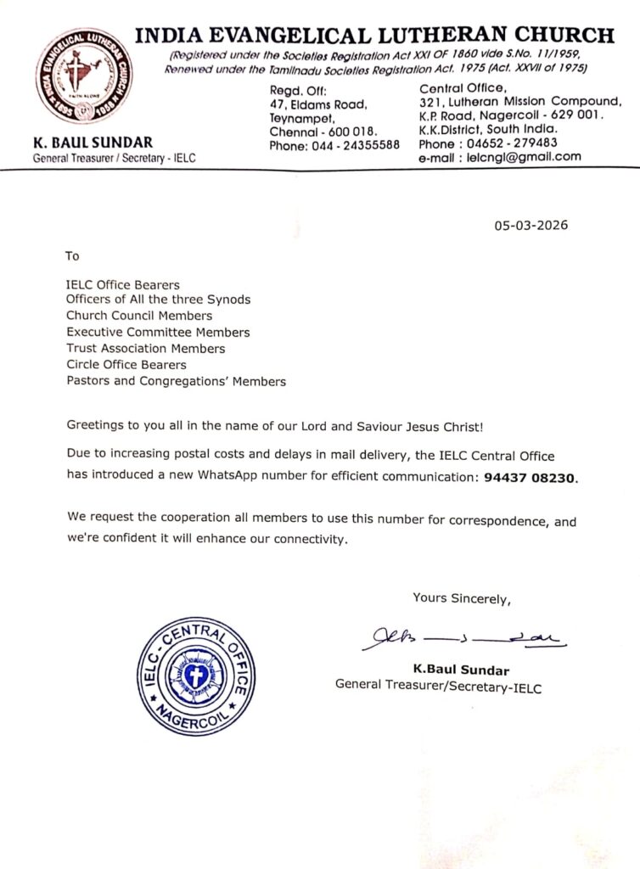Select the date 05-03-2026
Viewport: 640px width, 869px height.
(x=531, y=226)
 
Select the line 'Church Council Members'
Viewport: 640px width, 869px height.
(x=139, y=316)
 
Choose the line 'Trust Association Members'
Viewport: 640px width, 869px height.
(x=146, y=349)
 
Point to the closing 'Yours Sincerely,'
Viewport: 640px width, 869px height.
(x=462, y=598)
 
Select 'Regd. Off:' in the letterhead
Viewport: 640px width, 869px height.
(x=292, y=91)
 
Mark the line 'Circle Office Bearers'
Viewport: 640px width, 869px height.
(x=126, y=365)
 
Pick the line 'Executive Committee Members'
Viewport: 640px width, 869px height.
(x=158, y=332)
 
